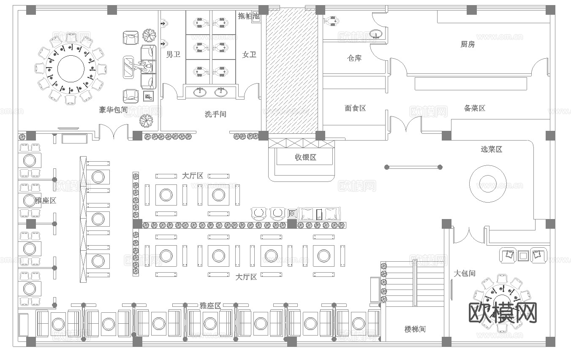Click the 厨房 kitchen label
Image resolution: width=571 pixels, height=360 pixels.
(x=468, y=44)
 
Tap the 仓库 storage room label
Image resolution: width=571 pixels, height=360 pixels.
(x=354, y=58)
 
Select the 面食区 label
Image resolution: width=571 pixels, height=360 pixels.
(x=355, y=108)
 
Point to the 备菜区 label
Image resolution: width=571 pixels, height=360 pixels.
(x=475, y=108)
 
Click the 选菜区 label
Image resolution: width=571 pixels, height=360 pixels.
(x=491, y=149)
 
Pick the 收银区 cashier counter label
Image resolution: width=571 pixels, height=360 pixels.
(x=305, y=158)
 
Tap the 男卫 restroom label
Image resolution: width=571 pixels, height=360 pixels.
(x=173, y=54)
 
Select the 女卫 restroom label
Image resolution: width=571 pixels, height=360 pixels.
(x=249, y=54)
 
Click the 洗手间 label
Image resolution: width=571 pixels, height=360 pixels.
(x=215, y=114)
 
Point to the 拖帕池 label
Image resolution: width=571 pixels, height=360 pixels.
(x=247, y=16)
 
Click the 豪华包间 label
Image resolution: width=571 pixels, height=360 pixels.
(x=113, y=110)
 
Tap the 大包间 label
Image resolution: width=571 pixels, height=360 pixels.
(x=465, y=273)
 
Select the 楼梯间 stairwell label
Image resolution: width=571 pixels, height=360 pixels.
(x=415, y=329)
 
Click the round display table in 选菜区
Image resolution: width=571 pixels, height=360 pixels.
(x=488, y=184)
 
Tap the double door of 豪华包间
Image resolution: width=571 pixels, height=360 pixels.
(x=113, y=132)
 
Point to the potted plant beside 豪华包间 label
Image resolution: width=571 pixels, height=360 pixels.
(x=146, y=121)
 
